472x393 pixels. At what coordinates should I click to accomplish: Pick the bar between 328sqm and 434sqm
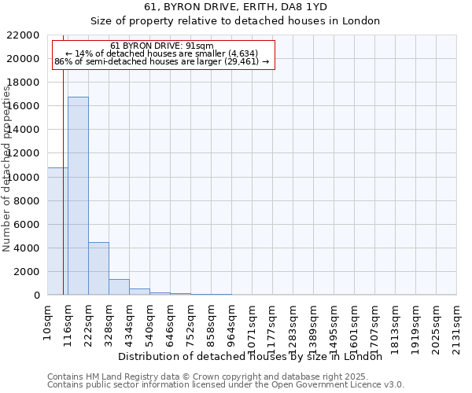[119, 287]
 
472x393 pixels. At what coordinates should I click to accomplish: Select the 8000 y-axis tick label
[26, 201]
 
